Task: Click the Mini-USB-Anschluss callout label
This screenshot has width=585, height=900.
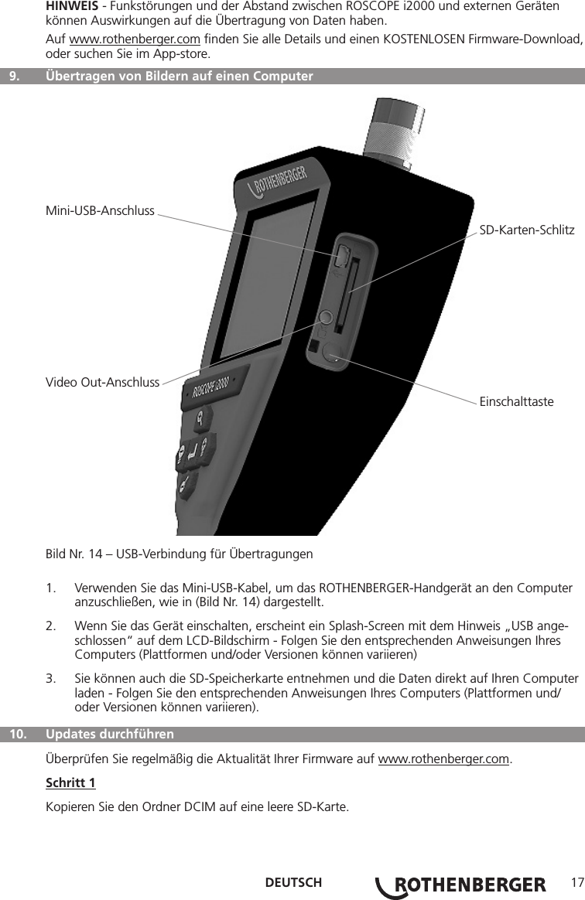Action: coord(101,210)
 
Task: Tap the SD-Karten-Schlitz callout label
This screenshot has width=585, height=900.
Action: coord(527,230)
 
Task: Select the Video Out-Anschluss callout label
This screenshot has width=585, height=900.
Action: coord(103,383)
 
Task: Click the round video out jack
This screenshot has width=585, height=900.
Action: coord(325,317)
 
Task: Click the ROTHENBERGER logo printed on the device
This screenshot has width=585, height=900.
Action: coord(283,179)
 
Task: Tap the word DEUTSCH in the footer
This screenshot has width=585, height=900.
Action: coord(293,884)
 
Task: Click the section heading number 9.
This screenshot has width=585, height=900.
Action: coord(14,77)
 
